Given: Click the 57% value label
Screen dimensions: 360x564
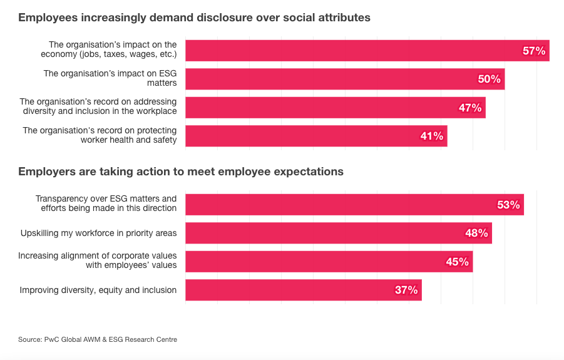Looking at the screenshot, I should tap(534, 51).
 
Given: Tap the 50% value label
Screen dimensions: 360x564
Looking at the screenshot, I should tap(490, 79).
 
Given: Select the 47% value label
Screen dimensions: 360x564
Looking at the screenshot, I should tap(470, 108).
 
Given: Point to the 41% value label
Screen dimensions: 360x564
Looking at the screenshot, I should tap(432, 136).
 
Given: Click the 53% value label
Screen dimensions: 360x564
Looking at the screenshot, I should tap(508, 205).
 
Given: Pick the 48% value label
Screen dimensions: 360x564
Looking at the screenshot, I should tap(476, 233).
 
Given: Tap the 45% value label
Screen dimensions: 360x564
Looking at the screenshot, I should tap(457, 262).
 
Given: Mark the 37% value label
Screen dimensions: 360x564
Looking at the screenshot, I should tap(406, 290).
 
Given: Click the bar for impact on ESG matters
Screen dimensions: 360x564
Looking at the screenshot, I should tap(326, 79).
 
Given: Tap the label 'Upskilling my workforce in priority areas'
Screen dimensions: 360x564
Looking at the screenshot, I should tap(98, 233).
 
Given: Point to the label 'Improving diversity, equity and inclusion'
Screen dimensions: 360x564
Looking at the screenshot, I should tap(98, 290).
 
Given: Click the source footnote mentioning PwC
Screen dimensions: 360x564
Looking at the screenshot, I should tap(98, 339).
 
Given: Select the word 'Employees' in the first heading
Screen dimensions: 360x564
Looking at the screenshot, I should tap(48, 18).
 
